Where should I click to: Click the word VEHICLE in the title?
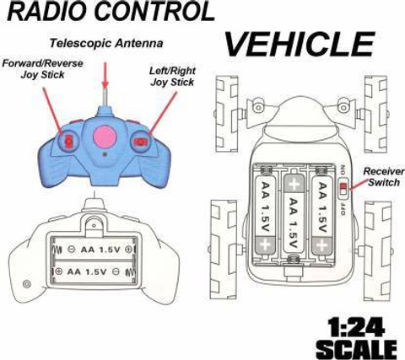(300, 45)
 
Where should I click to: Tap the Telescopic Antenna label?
(106, 43)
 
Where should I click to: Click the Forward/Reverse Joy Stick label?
(42, 69)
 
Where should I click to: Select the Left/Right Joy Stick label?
(172, 76)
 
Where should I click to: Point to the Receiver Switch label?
(384, 177)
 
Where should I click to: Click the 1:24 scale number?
(356, 327)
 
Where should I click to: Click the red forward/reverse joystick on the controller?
(68, 141)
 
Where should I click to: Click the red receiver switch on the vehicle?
(343, 186)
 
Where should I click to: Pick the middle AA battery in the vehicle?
(294, 213)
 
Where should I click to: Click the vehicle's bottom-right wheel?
(378, 251)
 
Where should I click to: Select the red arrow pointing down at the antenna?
(105, 75)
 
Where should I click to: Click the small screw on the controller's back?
(27, 284)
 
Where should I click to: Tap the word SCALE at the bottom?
(357, 349)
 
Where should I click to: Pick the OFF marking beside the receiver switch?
(343, 208)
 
